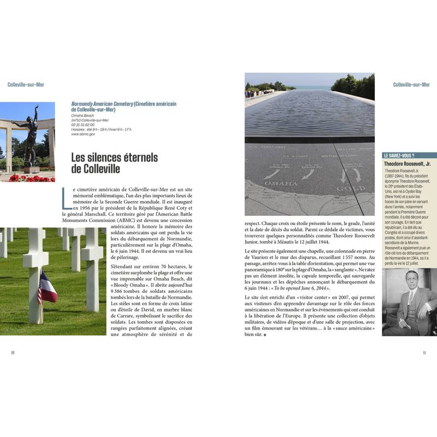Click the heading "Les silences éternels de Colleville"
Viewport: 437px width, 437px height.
coord(114,163)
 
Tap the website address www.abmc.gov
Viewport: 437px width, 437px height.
coord(83,134)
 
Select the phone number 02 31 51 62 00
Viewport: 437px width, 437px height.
coord(83,125)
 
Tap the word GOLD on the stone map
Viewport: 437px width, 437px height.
coord(350,188)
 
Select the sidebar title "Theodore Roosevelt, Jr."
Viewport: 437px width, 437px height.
coord(407,163)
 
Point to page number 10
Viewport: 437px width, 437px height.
coord(13,352)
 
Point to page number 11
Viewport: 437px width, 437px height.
coord(424,352)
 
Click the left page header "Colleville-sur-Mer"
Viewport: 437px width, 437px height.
coord(26,85)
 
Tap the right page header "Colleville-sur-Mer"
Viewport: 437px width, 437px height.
coord(411,85)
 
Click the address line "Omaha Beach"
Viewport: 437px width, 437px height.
coord(83,115)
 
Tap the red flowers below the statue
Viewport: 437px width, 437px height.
coord(30,178)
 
